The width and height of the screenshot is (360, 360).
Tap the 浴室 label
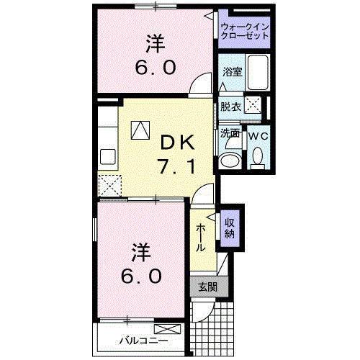pos(232,73)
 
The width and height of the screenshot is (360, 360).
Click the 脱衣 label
pos(230,107)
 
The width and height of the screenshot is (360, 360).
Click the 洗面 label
pos(230,133)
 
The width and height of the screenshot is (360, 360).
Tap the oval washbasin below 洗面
pos(231,159)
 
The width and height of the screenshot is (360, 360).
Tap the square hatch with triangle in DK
pos(139,130)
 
